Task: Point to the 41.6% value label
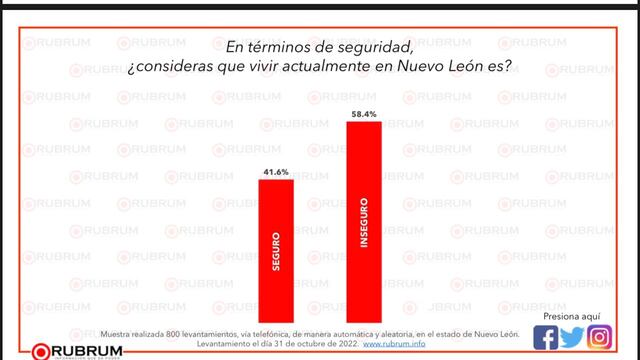point(277,171)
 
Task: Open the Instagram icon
point(599,336)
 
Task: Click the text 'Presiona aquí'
point(572,313)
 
